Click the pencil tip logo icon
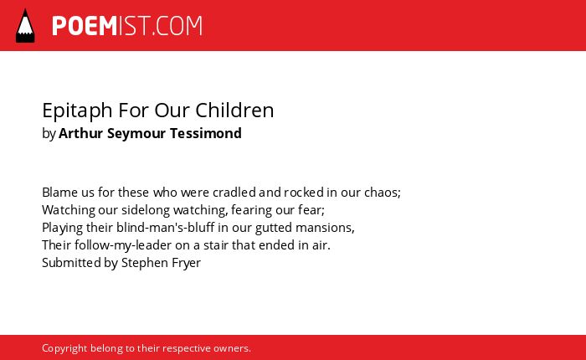pyautogui.click(x=25, y=25)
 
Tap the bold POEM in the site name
pyautogui.click(x=85, y=26)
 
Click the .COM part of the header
pyautogui.click(x=177, y=26)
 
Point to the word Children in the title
pyautogui.click(x=234, y=110)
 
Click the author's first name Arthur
pyautogui.click(x=80, y=133)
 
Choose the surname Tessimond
pyautogui.click(x=206, y=133)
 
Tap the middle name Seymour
pyautogui.click(x=136, y=134)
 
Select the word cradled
pyautogui.click(x=234, y=193)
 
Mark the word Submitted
pyautogui.click(x=71, y=262)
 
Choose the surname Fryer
pyautogui.click(x=186, y=263)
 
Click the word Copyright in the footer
pyautogui.click(x=64, y=349)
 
